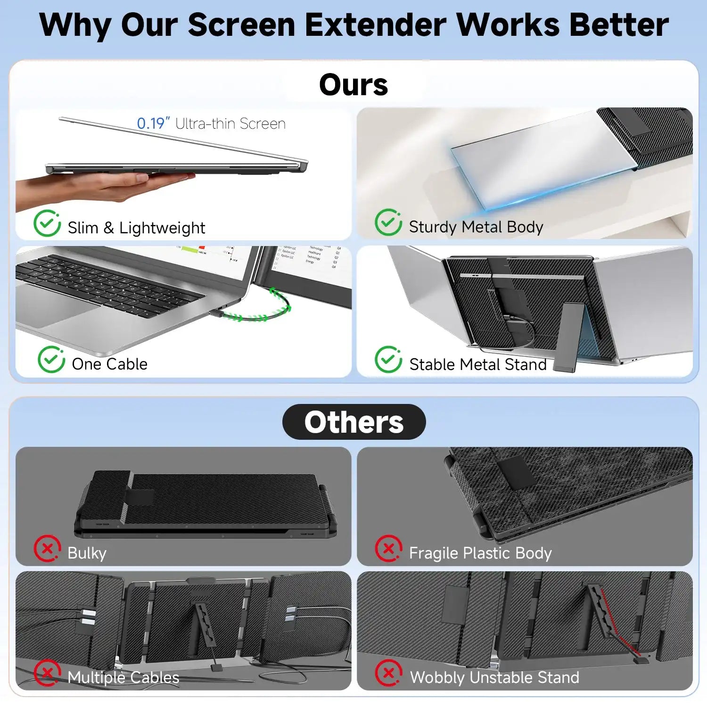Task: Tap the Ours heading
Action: coord(353,85)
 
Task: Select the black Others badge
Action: coord(354,422)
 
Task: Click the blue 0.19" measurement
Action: coord(153,123)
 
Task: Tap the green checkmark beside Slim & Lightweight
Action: coord(47,223)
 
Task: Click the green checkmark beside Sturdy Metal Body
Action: coord(388,222)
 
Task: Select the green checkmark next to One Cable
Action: coord(51,360)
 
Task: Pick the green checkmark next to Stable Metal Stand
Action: coord(388,360)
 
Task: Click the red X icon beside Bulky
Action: coord(47,549)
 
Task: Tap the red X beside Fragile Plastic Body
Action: coord(388,549)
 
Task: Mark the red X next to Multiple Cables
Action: coord(47,673)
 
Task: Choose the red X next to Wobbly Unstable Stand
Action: coord(388,673)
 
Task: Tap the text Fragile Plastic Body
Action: coord(480,553)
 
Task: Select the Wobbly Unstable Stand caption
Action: coord(494,677)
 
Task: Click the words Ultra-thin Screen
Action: coord(230,123)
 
